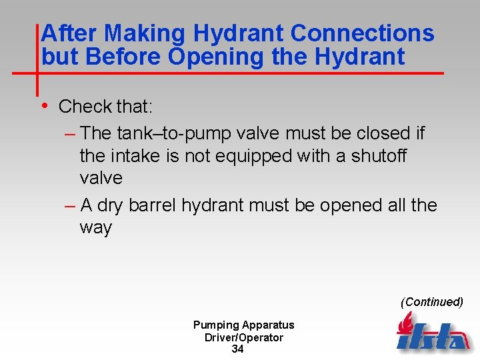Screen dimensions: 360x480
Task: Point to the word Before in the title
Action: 125,57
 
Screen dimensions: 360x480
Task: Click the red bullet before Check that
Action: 44,105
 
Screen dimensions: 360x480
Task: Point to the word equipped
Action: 252,156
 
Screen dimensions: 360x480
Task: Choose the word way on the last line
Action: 95,227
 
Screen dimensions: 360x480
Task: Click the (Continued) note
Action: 431,302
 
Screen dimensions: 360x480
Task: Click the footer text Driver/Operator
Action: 243,337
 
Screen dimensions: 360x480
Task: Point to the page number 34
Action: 237,349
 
